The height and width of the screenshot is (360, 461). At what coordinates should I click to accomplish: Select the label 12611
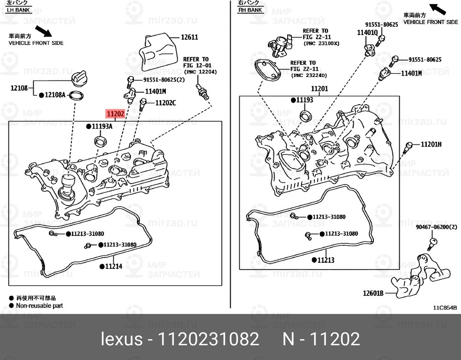coord(189,37)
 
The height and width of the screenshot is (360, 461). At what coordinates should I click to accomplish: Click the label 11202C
coord(165,103)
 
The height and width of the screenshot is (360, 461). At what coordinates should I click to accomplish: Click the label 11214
coord(113,266)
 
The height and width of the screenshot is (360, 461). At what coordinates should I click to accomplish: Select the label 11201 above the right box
coord(319,89)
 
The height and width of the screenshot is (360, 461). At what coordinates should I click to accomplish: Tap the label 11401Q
coord(367,33)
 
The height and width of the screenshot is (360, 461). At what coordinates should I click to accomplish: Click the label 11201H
coord(431,144)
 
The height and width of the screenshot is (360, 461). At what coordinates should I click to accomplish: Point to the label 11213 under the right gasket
coord(325,260)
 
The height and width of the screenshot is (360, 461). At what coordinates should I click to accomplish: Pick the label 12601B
coord(373,293)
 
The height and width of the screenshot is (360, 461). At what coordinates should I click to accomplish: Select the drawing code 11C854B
coord(444,307)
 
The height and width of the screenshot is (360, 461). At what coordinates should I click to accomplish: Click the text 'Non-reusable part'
coord(39,305)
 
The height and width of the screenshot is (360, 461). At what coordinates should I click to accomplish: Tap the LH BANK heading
coord(18,10)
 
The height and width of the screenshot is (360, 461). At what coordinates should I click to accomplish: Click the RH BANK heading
coord(250,10)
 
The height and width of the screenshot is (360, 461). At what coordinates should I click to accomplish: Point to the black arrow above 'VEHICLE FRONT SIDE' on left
coord(45,31)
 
